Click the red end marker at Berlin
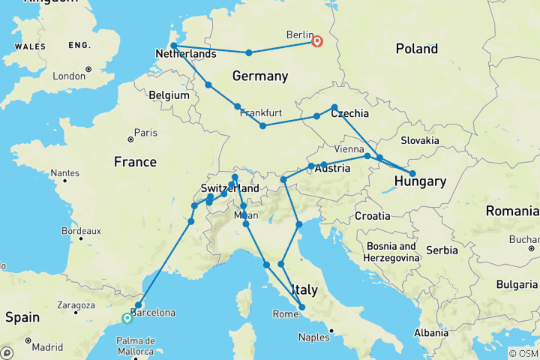317,41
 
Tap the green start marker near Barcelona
127,319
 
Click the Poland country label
416,49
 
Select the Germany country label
260,76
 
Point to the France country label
135,162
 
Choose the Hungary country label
421,181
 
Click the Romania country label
512,211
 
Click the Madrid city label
47,347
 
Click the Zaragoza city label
73,305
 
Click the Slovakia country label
419,140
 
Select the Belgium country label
169,95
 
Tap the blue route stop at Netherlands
174,46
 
